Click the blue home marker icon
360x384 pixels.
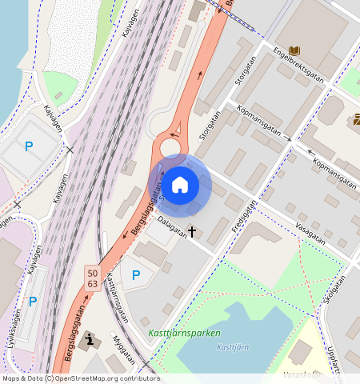coord(180,185)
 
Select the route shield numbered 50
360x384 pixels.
coord(93,274)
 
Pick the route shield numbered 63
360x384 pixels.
coord(93,284)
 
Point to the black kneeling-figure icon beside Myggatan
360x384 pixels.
coord(90,339)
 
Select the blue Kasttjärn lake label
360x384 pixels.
coord(234,346)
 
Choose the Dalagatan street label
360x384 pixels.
coord(173,228)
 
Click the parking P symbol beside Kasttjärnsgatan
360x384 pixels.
coord(136,275)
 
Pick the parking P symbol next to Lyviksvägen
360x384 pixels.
coord(33,302)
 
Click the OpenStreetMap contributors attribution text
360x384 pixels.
coord(80,378)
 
